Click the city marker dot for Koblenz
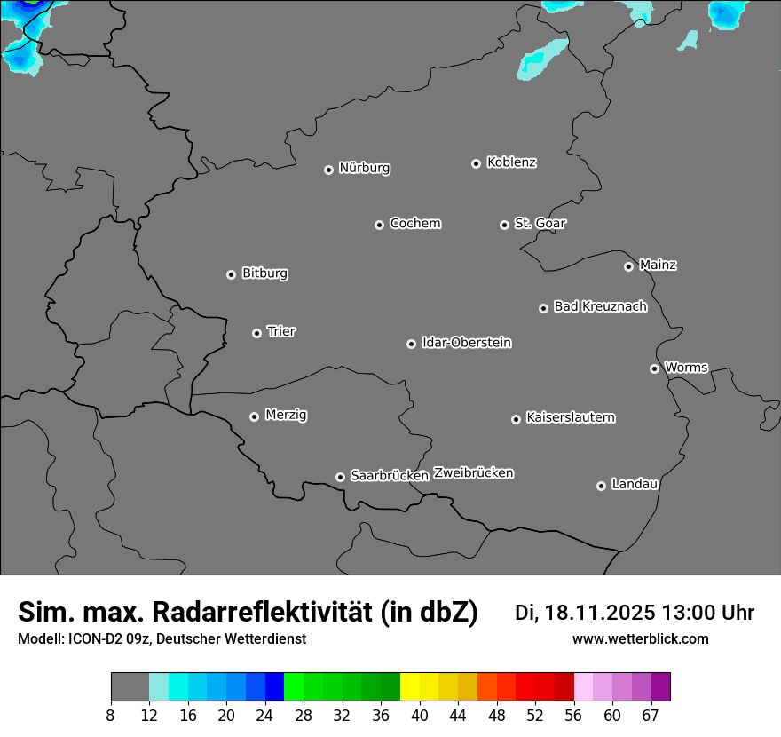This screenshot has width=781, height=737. tap(476, 163)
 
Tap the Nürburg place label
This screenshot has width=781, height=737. tap(364, 168)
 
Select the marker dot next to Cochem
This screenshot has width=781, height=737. tap(379, 225)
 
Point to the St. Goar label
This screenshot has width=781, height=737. tap(540, 223)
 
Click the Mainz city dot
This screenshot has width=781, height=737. tap(628, 266)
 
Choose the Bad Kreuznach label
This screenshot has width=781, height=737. tap(600, 306)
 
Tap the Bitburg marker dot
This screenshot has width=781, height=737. tap(231, 274)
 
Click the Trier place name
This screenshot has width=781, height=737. tap(281, 331)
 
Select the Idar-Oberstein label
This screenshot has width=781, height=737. tap(466, 342)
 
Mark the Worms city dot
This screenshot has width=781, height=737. tap(654, 368)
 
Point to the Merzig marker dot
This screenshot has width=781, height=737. tap(254, 416)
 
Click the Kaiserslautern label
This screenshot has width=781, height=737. tap(570, 417)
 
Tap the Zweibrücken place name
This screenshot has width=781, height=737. tap(473, 472)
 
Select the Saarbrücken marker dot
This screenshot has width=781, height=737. tap(340, 477)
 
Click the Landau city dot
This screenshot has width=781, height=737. tap(601, 486)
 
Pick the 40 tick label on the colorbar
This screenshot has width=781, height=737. tap(419, 716)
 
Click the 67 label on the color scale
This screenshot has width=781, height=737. tap(651, 716)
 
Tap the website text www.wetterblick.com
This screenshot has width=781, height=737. tap(640, 638)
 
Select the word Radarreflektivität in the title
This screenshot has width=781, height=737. tap(315, 612)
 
